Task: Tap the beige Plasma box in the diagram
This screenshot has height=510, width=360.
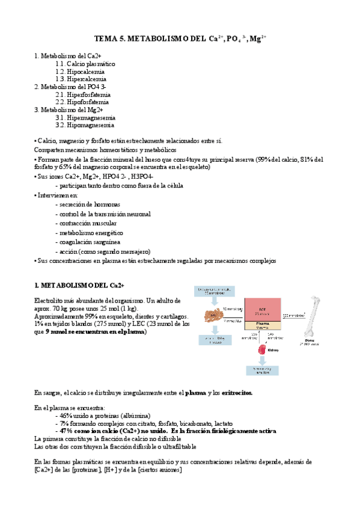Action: pos(262,326)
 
